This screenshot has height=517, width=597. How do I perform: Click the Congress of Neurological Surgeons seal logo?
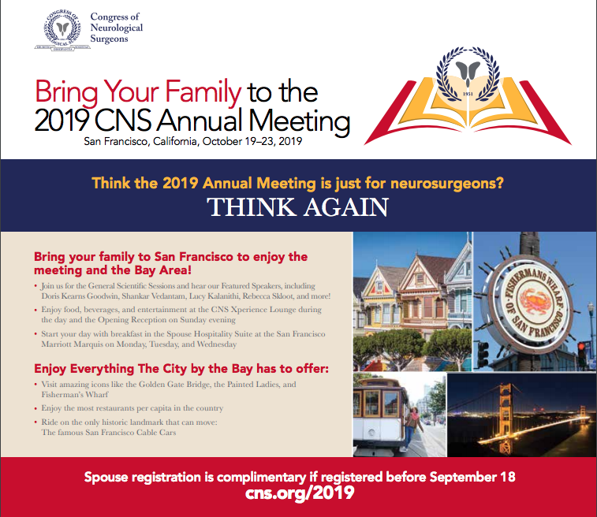click(x=62, y=31)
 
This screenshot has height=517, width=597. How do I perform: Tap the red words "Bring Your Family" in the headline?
click(x=138, y=92)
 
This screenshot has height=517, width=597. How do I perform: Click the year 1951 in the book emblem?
click(x=468, y=94)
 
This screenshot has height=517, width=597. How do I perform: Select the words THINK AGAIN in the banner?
click(x=298, y=207)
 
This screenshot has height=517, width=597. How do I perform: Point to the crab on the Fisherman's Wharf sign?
click(x=532, y=301)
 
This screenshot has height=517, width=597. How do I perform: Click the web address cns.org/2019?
click(x=300, y=493)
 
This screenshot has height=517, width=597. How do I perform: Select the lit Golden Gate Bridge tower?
click(x=506, y=413)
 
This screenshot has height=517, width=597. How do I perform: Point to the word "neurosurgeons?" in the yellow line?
click(x=447, y=184)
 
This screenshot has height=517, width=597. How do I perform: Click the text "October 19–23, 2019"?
click(x=252, y=142)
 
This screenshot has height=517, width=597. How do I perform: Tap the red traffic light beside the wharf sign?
click(x=581, y=347)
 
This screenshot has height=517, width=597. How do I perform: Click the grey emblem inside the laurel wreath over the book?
click(x=468, y=73)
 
